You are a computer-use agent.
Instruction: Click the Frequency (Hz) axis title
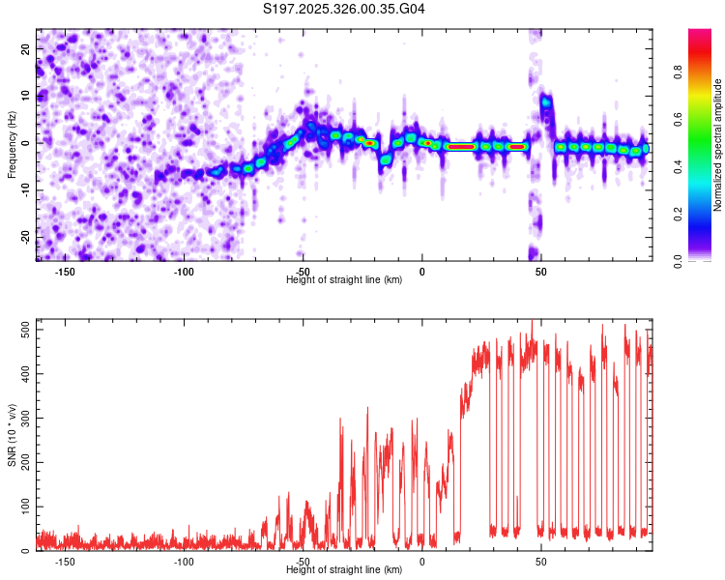(x=12, y=145)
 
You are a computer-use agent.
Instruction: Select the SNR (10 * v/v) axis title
(x=12, y=435)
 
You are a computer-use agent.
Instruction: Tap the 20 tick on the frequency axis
(x=25, y=47)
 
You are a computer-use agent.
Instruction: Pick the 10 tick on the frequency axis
(x=25, y=95)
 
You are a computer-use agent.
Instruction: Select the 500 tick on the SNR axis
(x=21, y=330)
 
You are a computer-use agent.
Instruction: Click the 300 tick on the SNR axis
(x=21, y=418)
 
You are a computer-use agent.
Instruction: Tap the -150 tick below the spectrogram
(x=65, y=272)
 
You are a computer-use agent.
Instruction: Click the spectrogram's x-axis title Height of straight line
(x=344, y=280)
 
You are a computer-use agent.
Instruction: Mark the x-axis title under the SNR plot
(x=344, y=570)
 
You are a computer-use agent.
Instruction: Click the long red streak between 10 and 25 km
(x=461, y=147)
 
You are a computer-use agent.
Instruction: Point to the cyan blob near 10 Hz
(x=546, y=101)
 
